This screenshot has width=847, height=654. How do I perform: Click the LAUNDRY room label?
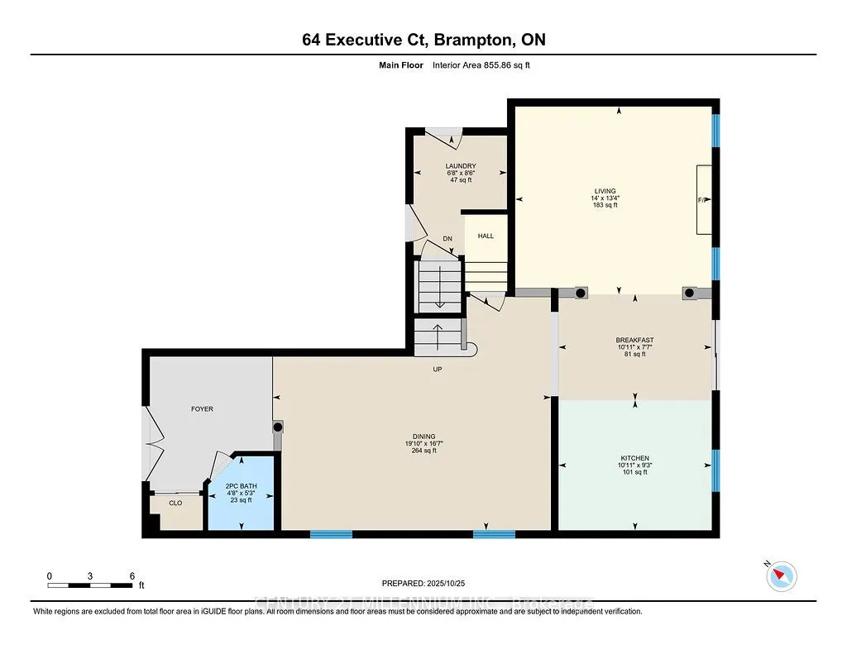[x=461, y=165]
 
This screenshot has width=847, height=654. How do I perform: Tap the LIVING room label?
[x=610, y=191]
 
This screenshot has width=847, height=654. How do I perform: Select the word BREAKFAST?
[x=634, y=340]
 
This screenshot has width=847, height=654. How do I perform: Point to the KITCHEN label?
[x=634, y=458]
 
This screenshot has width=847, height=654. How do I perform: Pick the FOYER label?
[x=202, y=408]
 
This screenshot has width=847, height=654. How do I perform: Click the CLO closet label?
[x=175, y=502]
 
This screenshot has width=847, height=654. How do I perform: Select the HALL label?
[x=486, y=236]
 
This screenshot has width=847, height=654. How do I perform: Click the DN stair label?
[x=447, y=239]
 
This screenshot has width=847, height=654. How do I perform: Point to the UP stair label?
[x=438, y=370]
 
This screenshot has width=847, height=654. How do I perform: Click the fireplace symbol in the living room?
[x=704, y=200]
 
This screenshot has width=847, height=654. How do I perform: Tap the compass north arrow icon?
[x=782, y=575]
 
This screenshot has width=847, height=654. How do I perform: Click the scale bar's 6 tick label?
[x=132, y=575]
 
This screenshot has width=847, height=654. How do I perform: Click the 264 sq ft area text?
[x=423, y=451]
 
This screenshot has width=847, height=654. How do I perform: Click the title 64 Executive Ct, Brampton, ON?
[x=423, y=40]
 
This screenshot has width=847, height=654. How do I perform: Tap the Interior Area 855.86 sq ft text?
[x=481, y=64]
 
